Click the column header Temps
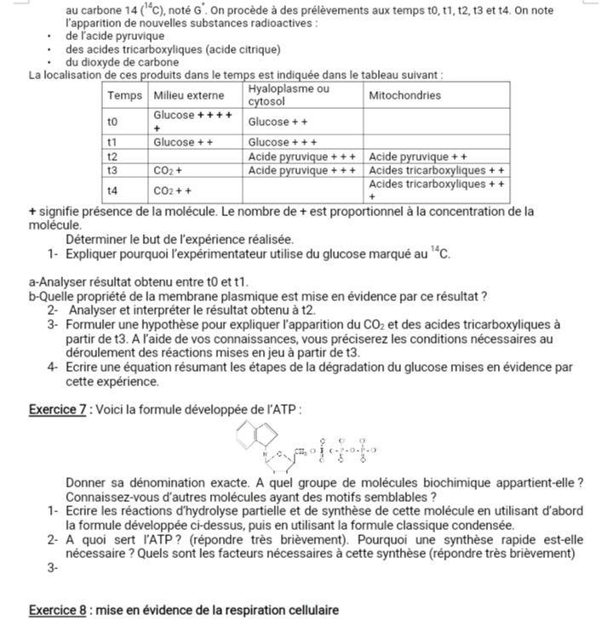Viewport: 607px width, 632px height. point(123,96)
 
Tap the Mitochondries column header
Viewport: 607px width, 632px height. point(404,96)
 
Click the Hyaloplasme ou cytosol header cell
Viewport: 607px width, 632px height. point(289,95)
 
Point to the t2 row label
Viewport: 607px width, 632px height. point(112,157)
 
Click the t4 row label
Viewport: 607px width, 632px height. point(112,191)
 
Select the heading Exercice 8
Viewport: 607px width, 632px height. point(60,610)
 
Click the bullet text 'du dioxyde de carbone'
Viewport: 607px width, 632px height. point(122,62)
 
